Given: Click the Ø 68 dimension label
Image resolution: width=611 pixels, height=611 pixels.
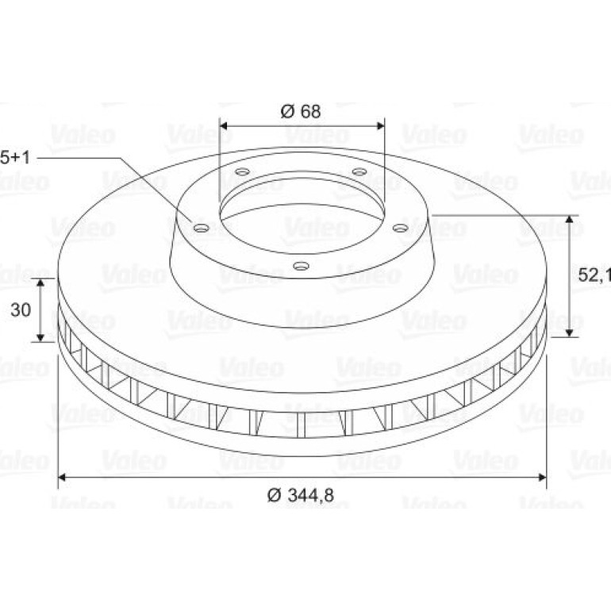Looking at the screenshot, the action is click(x=301, y=111).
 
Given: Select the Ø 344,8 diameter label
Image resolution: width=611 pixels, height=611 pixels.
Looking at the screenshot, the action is click(x=301, y=495).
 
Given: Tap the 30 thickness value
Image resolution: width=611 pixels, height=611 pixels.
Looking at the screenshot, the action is click(x=21, y=309).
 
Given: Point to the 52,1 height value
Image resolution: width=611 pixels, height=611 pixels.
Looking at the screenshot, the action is click(x=594, y=275).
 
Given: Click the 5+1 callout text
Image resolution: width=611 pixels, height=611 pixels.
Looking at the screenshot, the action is click(x=15, y=158).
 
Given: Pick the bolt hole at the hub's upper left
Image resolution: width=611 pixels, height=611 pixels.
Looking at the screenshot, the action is click(x=242, y=171).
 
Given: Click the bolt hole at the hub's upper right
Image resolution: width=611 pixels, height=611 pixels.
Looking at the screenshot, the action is click(x=359, y=171).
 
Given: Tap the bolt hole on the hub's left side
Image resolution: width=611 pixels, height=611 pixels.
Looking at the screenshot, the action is click(x=202, y=228).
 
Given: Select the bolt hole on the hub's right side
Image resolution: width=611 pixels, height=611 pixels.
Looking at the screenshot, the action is click(x=400, y=227).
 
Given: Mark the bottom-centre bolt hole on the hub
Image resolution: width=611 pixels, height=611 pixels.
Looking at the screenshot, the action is click(x=301, y=266).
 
